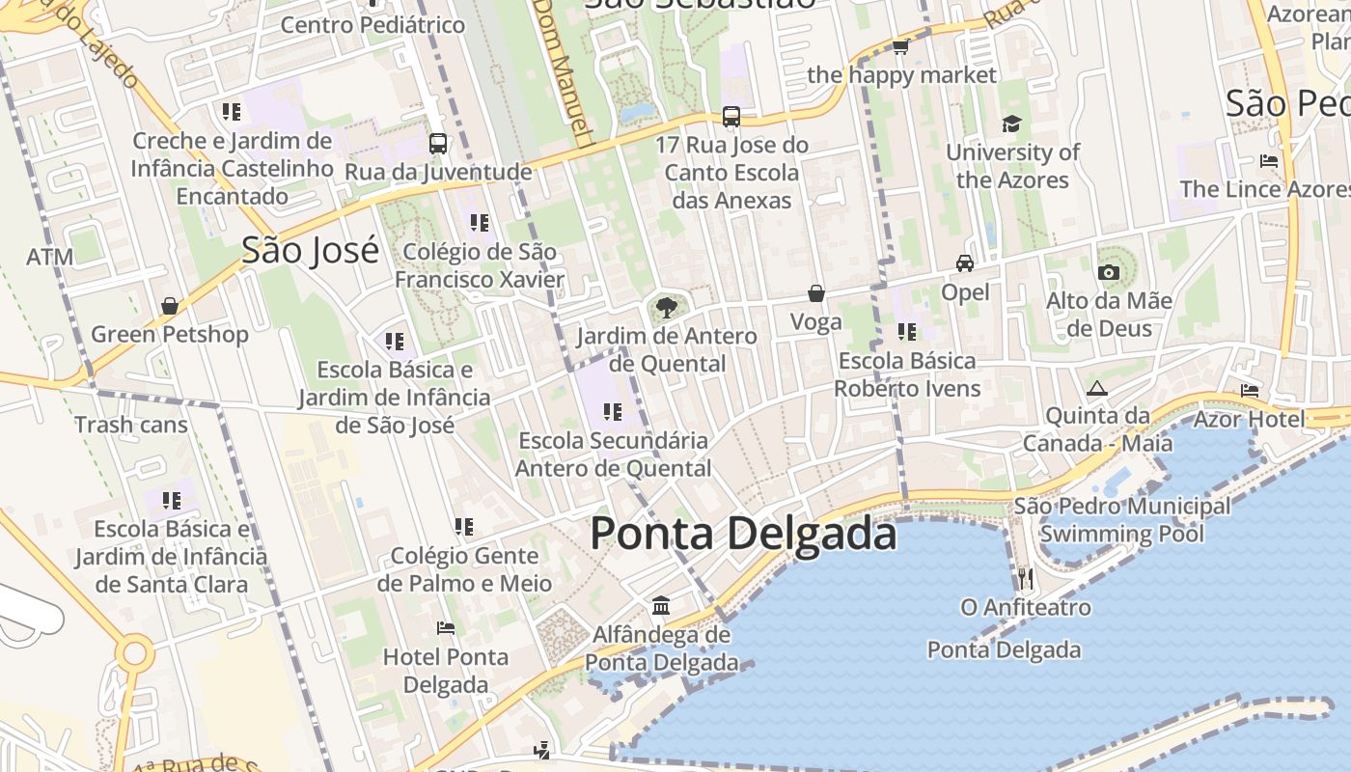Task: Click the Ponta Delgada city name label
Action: tap(743, 534)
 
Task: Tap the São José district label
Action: tap(310, 250)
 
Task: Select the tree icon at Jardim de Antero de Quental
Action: tap(665, 309)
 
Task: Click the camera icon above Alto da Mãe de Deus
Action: tap(1109, 273)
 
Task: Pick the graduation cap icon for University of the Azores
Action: tap(1011, 124)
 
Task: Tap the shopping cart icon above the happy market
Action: tap(900, 46)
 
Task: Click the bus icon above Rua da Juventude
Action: tap(438, 144)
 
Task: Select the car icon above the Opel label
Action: tap(964, 263)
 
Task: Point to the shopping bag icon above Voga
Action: tap(816, 293)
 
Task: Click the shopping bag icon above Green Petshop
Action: tap(170, 306)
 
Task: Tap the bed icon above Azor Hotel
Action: tap(1250, 391)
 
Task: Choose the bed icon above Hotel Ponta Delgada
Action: tap(445, 628)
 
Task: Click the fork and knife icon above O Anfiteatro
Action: tap(1025, 579)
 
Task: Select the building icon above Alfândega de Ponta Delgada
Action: tap(661, 606)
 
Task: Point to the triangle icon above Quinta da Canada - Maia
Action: tap(1095, 389)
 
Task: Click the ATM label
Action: tap(50, 258)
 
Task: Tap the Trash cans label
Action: tap(131, 425)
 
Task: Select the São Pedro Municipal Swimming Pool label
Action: tap(1121, 519)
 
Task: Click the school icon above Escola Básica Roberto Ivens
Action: tap(907, 332)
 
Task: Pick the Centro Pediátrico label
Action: tap(372, 25)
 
